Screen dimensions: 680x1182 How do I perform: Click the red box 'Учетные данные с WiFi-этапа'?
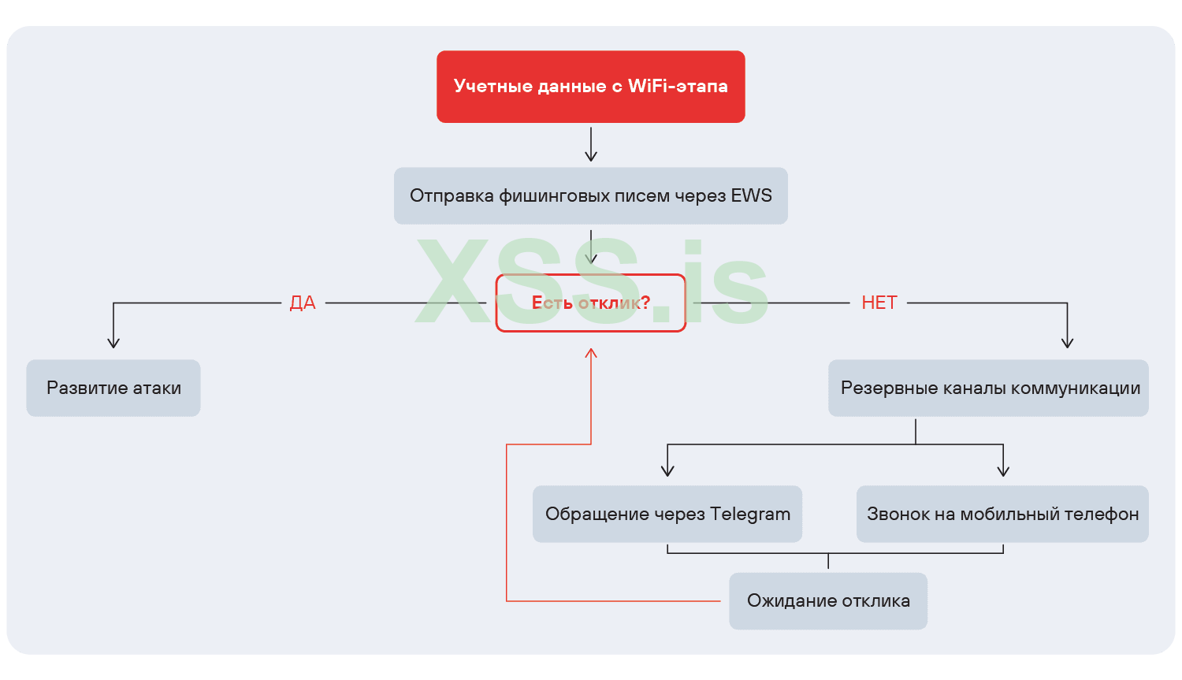tap(590, 87)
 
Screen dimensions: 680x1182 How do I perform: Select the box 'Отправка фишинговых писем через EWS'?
tap(590, 195)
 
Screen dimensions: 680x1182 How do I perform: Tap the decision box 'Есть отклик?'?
tap(590, 303)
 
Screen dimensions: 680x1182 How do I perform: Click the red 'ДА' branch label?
tap(303, 303)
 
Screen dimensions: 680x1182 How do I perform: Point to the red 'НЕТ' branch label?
tap(879, 303)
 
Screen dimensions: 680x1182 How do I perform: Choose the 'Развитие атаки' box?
tap(113, 388)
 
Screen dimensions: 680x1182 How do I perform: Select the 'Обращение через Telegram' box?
tap(667, 514)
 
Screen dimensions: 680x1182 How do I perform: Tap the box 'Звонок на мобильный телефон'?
tap(1002, 514)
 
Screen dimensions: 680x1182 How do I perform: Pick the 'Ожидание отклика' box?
tap(827, 600)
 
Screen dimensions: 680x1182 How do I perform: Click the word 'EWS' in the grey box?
tap(751, 195)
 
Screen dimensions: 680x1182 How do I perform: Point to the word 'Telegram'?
tap(749, 514)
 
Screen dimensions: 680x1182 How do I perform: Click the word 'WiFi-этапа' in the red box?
tap(678, 87)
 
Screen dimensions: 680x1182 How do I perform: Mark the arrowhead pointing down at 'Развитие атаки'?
tap(113, 343)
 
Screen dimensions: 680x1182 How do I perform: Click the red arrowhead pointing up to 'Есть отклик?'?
tap(591, 352)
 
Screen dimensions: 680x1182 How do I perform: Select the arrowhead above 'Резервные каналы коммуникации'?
tap(1067, 343)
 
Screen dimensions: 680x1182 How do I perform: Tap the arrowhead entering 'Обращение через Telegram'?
tap(667, 471)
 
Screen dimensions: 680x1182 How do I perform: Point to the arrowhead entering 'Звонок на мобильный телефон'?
tap(1003, 471)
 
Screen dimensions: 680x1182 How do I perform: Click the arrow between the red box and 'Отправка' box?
tap(591, 145)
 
